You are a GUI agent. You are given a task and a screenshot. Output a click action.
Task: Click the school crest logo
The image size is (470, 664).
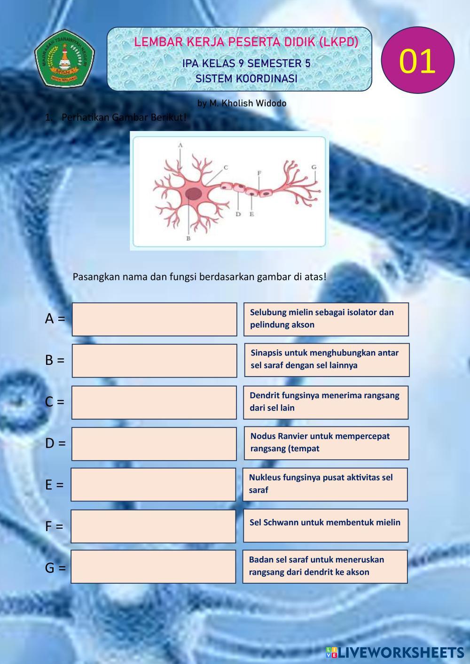pyautogui.click(x=65, y=58)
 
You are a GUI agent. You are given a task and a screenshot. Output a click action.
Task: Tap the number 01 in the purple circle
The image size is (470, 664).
pyautogui.click(x=417, y=61)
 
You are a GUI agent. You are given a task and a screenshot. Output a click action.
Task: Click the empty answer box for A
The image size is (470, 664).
pyautogui.click(x=154, y=319)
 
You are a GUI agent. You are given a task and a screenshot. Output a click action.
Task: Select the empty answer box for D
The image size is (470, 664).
pyautogui.click(x=154, y=444)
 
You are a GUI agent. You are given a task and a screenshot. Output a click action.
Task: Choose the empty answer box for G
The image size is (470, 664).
pyautogui.click(x=153, y=567)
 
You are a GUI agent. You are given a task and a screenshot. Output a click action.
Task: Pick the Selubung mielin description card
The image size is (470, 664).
pyautogui.click(x=326, y=319)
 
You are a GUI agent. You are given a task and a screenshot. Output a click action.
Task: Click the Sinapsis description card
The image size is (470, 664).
pyautogui.click(x=327, y=360)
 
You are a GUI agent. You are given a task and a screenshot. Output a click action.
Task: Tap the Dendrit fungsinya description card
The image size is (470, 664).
pyautogui.click(x=326, y=402)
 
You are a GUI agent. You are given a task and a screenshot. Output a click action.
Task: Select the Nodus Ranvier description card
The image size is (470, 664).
pyautogui.click(x=326, y=443)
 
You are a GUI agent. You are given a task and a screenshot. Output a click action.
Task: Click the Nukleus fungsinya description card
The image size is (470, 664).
pyautogui.click(x=325, y=484)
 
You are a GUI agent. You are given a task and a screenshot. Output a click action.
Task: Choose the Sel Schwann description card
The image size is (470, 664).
pyautogui.click(x=325, y=525)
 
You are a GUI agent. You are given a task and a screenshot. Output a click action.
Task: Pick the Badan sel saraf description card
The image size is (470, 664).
pyautogui.click(x=325, y=566)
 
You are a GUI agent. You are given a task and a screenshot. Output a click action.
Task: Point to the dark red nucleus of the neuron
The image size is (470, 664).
pyautogui.click(x=193, y=193)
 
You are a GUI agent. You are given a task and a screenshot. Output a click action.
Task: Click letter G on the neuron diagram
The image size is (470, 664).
pyautogui.click(x=314, y=167)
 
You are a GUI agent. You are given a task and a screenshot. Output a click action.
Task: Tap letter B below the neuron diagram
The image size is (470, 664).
pyautogui.click(x=188, y=239)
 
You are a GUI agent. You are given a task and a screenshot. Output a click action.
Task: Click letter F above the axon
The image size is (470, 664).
pyautogui.click(x=259, y=173)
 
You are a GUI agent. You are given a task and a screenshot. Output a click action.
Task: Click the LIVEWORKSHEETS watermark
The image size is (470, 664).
pyautogui.click(x=395, y=652)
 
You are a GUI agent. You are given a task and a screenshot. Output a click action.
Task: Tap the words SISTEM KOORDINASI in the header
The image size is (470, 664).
pyautogui.click(x=246, y=78)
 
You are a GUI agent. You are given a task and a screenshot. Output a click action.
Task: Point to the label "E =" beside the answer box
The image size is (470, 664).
pyautogui.click(x=54, y=485)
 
